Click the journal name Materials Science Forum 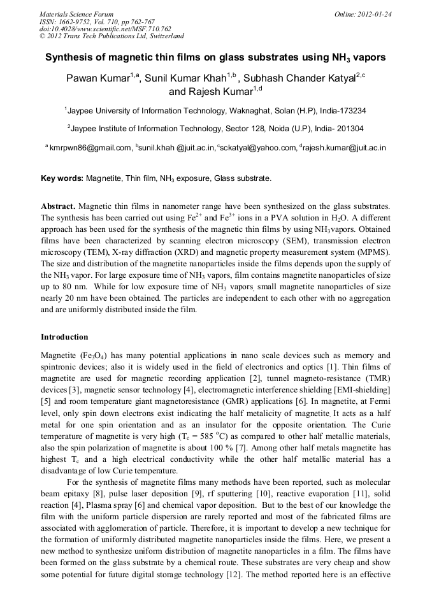click(76, 14)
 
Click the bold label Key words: click(62, 179)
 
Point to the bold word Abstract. click(59, 208)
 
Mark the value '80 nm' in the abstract click(61, 287)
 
